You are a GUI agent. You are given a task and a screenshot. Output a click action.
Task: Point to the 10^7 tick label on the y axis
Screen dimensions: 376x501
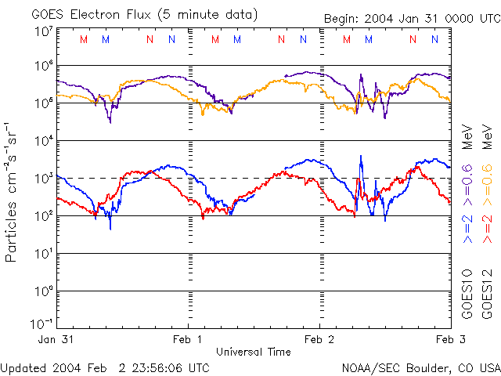coord(43,31)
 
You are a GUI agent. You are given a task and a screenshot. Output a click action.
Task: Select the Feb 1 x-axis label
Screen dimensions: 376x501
coord(188,339)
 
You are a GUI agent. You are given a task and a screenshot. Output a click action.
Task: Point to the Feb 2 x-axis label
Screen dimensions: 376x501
coord(319,339)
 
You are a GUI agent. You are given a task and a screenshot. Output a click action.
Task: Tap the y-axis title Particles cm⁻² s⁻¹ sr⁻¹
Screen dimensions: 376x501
coord(12,191)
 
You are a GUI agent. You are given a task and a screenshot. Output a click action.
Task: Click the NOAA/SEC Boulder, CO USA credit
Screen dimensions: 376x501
coord(420,367)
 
